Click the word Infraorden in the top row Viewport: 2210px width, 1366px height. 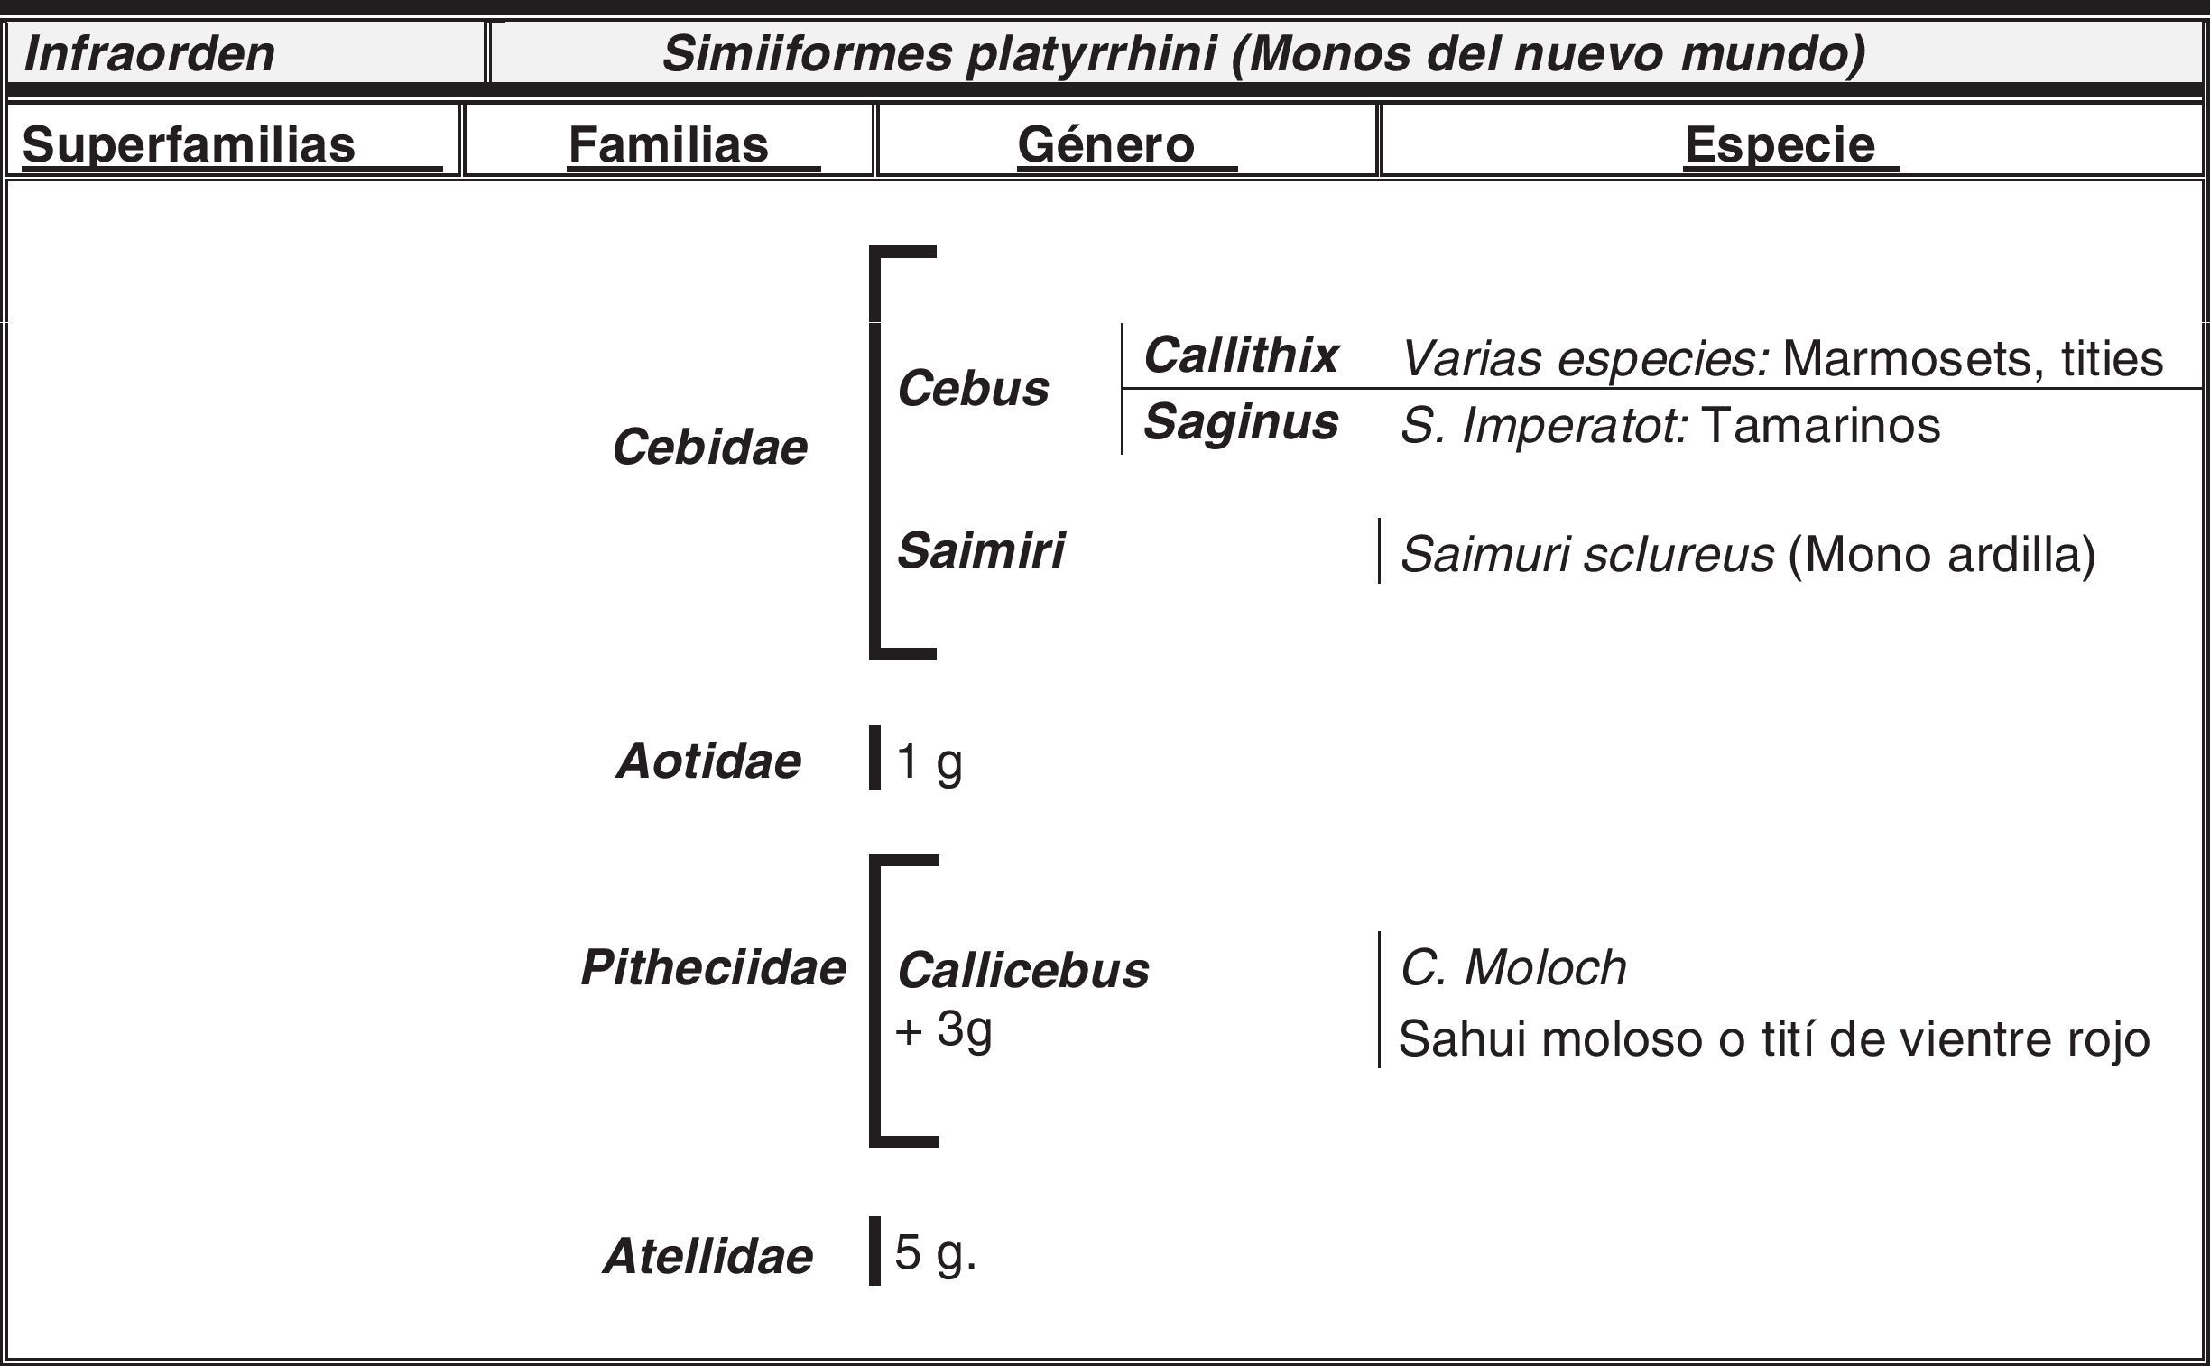pos(149,53)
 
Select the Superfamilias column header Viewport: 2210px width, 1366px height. pos(189,144)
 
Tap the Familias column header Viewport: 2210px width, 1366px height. pos(668,144)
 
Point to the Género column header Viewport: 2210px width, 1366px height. pos(1106,144)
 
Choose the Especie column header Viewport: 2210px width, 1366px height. pos(1779,144)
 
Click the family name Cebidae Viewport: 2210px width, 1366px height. pos(709,448)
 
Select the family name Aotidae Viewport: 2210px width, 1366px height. pos(708,761)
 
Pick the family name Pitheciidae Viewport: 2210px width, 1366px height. pos(713,967)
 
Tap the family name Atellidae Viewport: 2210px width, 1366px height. pos(707,1256)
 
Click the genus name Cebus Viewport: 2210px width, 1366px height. pos(973,389)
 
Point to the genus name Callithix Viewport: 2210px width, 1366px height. pos(1241,355)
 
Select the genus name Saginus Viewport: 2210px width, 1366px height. pos(1241,422)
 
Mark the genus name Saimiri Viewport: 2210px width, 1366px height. pos(980,550)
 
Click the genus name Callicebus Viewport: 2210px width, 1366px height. pos(1022,970)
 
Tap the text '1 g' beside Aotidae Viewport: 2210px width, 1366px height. pos(929,761)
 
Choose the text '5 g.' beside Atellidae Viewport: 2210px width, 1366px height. pos(935,1254)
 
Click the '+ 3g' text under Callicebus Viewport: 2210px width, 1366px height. pos(943,1029)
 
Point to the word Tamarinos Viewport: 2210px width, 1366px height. pos(1819,425)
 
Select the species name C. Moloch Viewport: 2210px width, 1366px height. pos(1513,967)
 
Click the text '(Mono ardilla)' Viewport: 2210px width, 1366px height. pos(1942,554)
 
